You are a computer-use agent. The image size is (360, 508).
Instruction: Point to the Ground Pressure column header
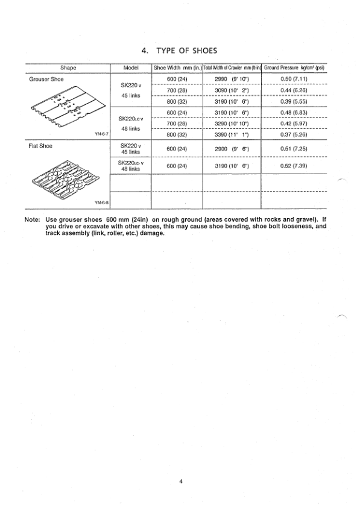(x=294, y=68)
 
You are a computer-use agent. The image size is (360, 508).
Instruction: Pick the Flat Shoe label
(x=42, y=146)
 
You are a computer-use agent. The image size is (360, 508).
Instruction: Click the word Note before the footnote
(x=33, y=220)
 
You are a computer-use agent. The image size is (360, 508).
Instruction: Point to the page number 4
(x=180, y=481)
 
